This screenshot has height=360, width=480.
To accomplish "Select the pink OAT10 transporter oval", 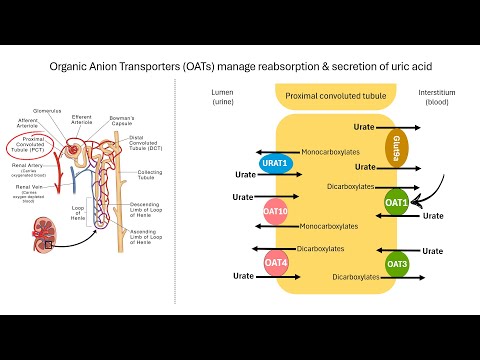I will (276, 213).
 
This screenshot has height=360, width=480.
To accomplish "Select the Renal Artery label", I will (29, 171).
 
